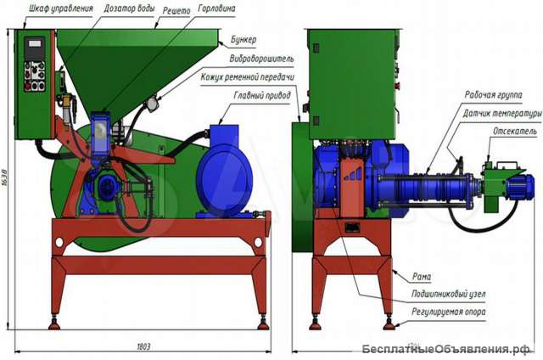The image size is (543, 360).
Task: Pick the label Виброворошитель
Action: tap(261, 59)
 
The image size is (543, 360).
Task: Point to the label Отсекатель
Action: tap(511, 132)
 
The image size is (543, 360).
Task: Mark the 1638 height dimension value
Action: tap(7, 179)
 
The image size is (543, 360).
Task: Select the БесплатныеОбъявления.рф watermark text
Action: tap(445, 349)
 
